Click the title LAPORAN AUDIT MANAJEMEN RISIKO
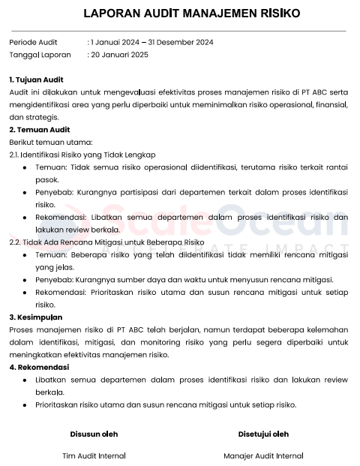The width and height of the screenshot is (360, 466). pos(181,14)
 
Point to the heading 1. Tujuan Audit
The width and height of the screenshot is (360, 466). pos(36,80)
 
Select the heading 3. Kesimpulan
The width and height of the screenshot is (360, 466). pos(36,317)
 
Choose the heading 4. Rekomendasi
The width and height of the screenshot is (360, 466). pos(39,368)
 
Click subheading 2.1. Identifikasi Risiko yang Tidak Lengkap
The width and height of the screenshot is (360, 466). pos(82,155)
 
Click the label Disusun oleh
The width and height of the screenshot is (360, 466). pos(94,434)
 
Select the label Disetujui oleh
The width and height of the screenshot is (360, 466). pos(263,434)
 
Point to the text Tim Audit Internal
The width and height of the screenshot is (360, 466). pos(94,455)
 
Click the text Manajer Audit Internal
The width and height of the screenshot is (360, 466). pos(263,455)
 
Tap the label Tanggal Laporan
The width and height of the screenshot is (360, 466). pos(40,55)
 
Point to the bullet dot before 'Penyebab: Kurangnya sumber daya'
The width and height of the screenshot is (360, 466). pos(25,280)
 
